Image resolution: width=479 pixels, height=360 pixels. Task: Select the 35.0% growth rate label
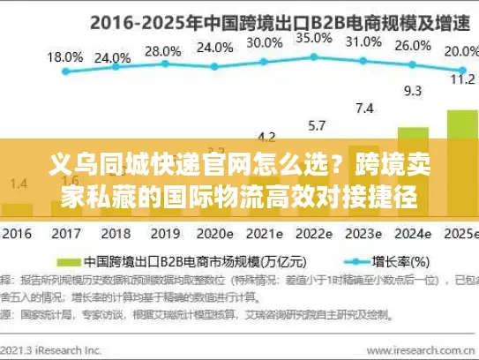[314, 39]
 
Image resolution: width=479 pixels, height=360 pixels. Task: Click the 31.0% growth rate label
[363, 41]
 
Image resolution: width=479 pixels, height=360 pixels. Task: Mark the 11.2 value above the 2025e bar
[462, 78]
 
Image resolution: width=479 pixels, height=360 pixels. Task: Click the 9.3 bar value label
[413, 90]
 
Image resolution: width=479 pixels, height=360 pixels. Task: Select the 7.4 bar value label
[363, 108]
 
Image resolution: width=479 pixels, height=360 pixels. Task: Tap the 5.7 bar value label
[315, 124]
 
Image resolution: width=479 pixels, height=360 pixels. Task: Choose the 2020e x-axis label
[214, 235]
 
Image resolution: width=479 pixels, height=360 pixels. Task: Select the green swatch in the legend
[72, 262]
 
